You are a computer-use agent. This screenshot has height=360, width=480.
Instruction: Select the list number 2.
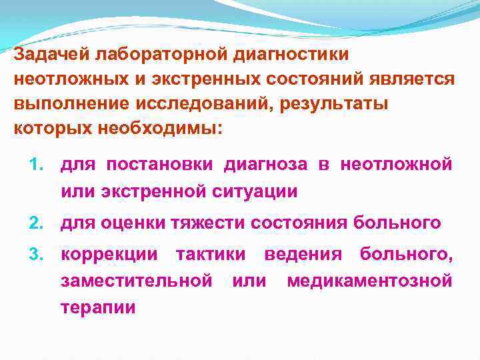(37, 223)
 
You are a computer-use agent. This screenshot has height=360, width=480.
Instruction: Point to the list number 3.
(37, 254)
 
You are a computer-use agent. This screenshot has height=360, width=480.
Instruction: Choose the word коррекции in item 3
(109, 254)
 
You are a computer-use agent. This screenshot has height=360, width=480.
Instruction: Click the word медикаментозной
(369, 281)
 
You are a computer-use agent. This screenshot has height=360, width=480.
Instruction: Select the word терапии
(98, 307)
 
